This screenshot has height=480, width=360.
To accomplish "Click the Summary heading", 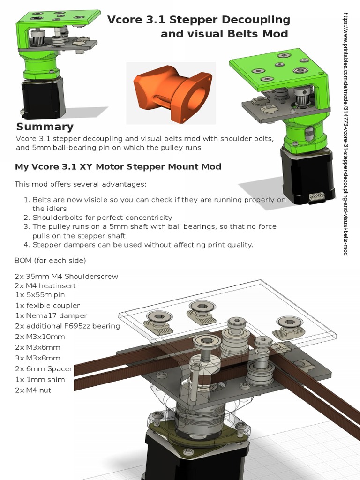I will [x=45, y=127].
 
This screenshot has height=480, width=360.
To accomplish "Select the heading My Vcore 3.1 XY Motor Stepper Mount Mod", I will [x=118, y=166].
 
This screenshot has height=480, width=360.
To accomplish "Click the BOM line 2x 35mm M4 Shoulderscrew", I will [x=66, y=276].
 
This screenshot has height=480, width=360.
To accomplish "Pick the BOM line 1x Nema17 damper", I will [x=51, y=315].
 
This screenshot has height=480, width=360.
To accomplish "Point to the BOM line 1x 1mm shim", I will [x=40, y=379].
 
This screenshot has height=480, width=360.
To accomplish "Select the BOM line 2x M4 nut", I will [x=33, y=390].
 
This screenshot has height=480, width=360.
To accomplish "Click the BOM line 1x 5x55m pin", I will [x=40, y=295].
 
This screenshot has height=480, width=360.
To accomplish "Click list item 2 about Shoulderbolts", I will [x=102, y=217].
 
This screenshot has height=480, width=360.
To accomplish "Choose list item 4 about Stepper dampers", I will [x=142, y=244].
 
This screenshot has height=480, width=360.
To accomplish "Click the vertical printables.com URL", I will [x=346, y=134].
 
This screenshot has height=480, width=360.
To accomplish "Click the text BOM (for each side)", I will [x=50, y=260].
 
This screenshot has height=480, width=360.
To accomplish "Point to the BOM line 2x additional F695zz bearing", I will [x=67, y=326].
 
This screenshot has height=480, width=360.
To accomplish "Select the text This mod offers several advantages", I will [x=80, y=183].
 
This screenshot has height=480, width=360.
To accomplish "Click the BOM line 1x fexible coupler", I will [x=47, y=305].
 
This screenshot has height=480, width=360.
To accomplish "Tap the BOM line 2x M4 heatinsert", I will [x=45, y=285].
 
